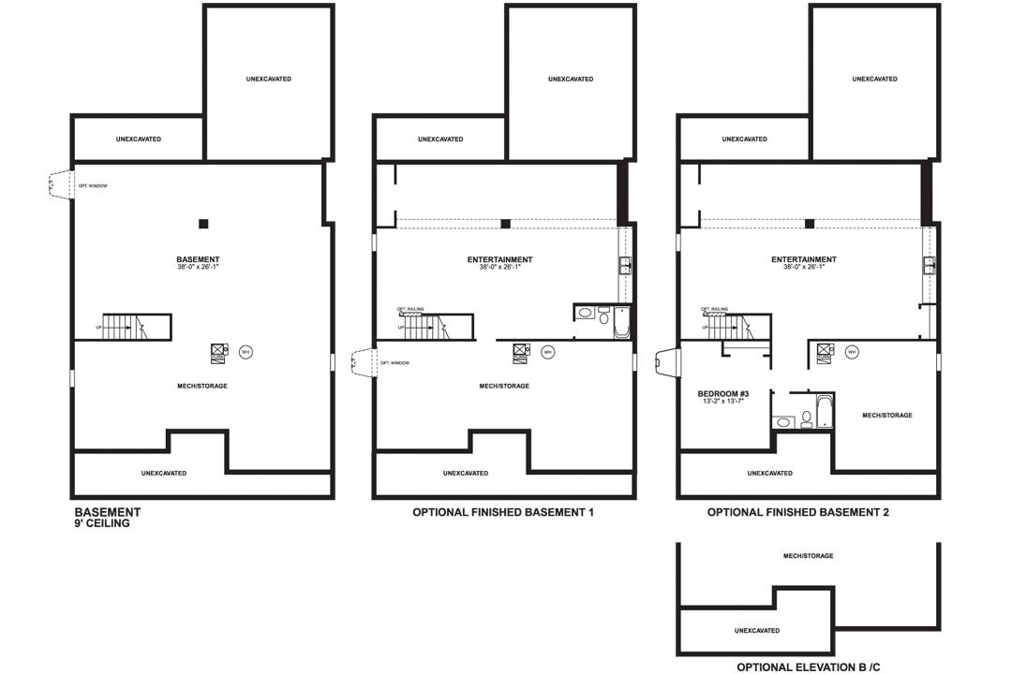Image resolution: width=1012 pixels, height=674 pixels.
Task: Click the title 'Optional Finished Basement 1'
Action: pos(503,513)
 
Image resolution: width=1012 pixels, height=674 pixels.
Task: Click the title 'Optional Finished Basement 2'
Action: pos(797,513)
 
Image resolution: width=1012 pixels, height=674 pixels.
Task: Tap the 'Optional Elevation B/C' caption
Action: pos(809,667)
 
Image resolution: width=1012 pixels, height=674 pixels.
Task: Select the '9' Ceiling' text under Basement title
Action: pos(102,524)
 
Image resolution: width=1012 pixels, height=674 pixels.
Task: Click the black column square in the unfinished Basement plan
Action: pos(203,224)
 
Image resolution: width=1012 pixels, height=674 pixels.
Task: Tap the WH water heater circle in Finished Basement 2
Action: pos(852,352)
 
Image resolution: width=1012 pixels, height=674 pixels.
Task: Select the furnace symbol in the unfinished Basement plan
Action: pos(217,352)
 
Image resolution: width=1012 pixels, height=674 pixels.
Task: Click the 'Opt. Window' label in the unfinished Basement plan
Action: pos(93,186)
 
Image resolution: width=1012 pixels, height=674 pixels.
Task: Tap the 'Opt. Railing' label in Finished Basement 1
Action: pos(409,310)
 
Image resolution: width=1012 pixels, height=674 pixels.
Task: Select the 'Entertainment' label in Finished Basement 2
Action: pos(804,259)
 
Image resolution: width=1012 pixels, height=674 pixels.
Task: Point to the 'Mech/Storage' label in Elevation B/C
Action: pos(808,556)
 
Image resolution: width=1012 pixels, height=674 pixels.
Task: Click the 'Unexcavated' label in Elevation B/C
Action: pos(757,631)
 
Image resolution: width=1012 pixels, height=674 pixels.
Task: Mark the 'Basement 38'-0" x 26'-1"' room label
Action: pos(198,262)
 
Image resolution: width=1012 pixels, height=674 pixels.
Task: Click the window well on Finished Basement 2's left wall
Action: pos(666,362)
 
